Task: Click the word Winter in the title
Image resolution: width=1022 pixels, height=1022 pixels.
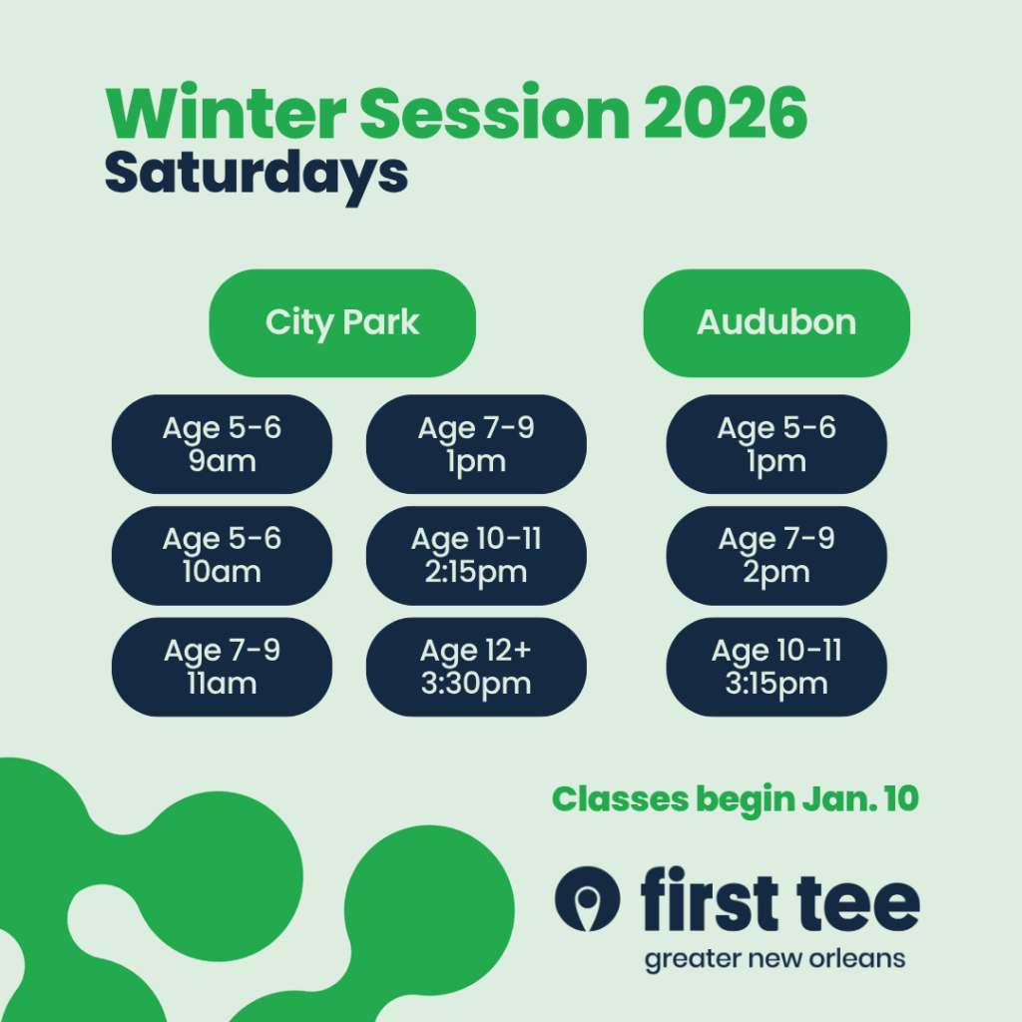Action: [226, 112]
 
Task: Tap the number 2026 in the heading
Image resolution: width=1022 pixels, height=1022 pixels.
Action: [727, 113]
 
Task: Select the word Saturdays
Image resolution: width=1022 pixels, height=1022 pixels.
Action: [256, 175]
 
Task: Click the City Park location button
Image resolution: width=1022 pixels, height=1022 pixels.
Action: [342, 322]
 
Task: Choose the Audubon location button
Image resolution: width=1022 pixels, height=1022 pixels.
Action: [776, 322]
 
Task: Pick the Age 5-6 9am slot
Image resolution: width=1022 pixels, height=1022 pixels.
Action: [222, 444]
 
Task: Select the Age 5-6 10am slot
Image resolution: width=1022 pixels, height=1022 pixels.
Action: [222, 555]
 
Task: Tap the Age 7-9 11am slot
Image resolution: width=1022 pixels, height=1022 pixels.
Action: [222, 667]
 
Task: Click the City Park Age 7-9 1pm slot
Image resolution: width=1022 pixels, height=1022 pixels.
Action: [476, 444]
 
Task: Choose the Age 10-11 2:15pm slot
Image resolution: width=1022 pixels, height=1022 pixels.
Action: [476, 555]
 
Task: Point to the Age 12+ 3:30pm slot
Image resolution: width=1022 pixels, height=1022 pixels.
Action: [476, 667]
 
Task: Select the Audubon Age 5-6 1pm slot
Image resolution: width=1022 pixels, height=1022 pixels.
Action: [776, 444]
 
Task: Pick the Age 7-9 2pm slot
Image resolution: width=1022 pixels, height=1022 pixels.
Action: [776, 555]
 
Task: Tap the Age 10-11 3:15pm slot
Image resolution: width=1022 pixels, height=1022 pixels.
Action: [776, 667]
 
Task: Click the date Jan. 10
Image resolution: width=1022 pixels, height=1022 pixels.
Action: [860, 798]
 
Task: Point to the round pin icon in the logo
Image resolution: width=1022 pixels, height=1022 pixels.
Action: [587, 899]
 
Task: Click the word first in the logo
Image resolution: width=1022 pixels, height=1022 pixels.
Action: [710, 897]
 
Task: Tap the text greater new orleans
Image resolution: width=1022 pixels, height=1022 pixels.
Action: [774, 959]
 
